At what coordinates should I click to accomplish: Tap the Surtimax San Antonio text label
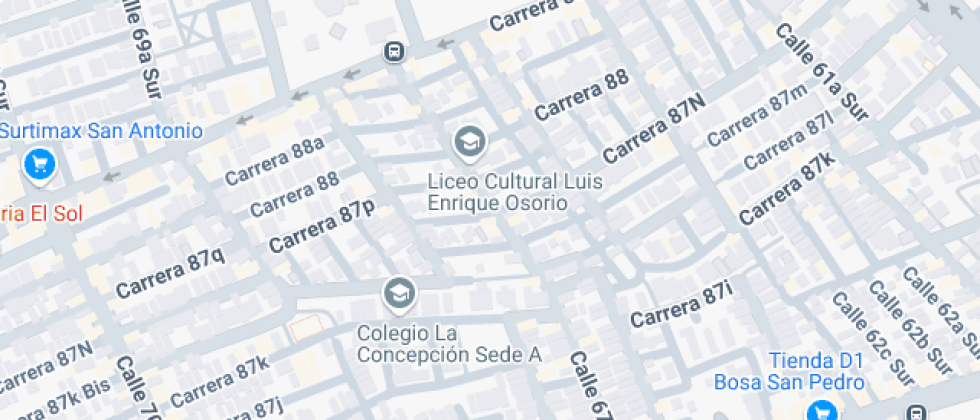(101, 131)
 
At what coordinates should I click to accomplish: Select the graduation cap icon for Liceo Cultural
(468, 143)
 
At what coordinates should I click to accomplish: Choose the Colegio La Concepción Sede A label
(449, 343)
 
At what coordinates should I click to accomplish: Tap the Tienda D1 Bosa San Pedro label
(788, 371)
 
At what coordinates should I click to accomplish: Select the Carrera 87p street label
(321, 227)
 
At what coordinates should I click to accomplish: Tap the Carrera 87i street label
(681, 306)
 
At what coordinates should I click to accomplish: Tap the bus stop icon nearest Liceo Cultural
(395, 51)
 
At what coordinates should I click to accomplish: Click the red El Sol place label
(40, 213)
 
